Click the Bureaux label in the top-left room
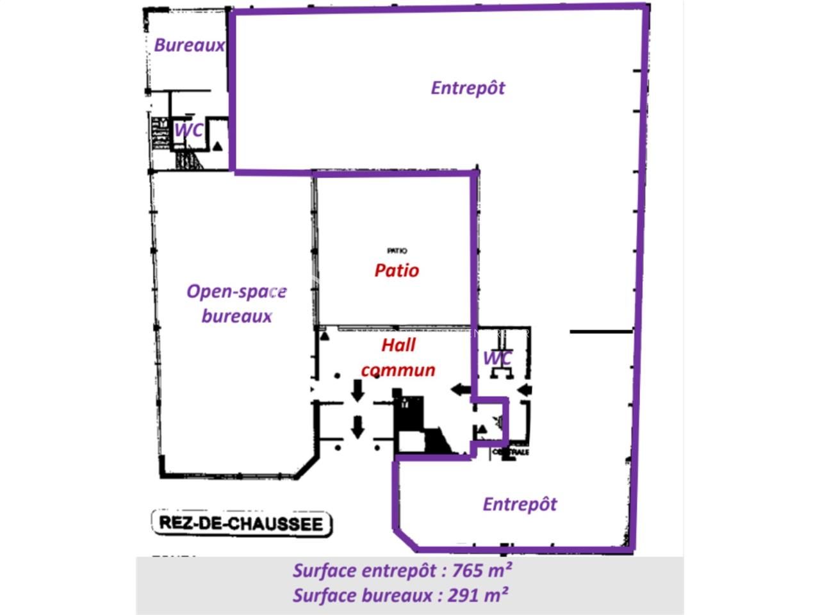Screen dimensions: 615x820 tap(189, 45)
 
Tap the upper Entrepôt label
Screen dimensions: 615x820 tap(468, 88)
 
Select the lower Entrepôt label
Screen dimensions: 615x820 tap(520, 504)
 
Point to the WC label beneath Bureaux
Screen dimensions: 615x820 tap(189, 130)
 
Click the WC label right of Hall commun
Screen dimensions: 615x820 tap(497, 357)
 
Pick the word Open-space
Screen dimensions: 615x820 tap(236, 292)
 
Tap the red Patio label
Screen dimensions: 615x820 tap(397, 270)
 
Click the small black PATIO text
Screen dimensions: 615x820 tap(397, 250)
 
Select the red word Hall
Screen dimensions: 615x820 tap(398, 345)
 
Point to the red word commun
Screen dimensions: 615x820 tap(398, 370)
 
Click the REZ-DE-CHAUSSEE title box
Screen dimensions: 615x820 tap(242, 523)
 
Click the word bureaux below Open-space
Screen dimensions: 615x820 tap(237, 316)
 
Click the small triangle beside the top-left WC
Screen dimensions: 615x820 tap(218, 146)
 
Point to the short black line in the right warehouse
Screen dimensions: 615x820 tap(601, 332)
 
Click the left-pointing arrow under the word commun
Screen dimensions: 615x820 tap(460, 388)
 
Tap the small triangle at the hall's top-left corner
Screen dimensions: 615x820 tap(324, 335)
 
